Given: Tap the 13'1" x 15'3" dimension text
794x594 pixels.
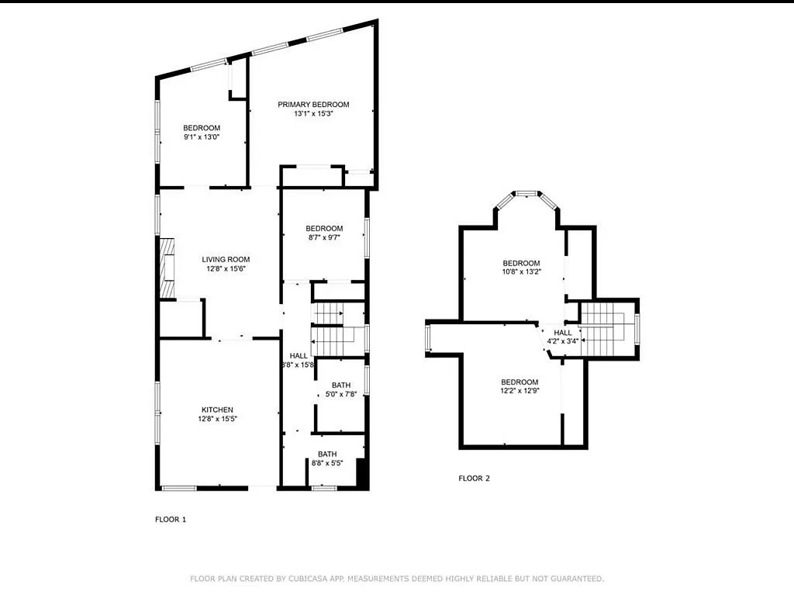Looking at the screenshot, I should [x=313, y=114].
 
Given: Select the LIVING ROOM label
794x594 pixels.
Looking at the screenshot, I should [x=226, y=260].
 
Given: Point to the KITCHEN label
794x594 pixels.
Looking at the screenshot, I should [x=217, y=409].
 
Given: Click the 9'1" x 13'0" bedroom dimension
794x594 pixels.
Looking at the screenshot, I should [x=202, y=137].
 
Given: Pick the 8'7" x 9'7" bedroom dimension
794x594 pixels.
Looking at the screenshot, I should [x=323, y=237].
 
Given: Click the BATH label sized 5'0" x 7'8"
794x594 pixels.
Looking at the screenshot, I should [x=340, y=385].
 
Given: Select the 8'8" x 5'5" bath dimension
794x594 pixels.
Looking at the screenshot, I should [x=326, y=463].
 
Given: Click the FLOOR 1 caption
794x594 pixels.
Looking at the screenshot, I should [x=171, y=520].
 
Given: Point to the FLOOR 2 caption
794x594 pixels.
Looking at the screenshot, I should [x=474, y=478].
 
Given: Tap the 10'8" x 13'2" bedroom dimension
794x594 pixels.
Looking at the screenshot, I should [x=520, y=272].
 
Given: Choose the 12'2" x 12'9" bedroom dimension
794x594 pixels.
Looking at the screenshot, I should [x=519, y=391].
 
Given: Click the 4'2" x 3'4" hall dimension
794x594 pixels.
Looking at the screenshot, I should [x=562, y=340].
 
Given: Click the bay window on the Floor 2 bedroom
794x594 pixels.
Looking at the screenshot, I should [x=527, y=193].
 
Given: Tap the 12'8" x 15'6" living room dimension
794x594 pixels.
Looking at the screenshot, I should [x=226, y=269].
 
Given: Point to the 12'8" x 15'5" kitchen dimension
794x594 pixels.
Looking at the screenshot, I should [x=217, y=419].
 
